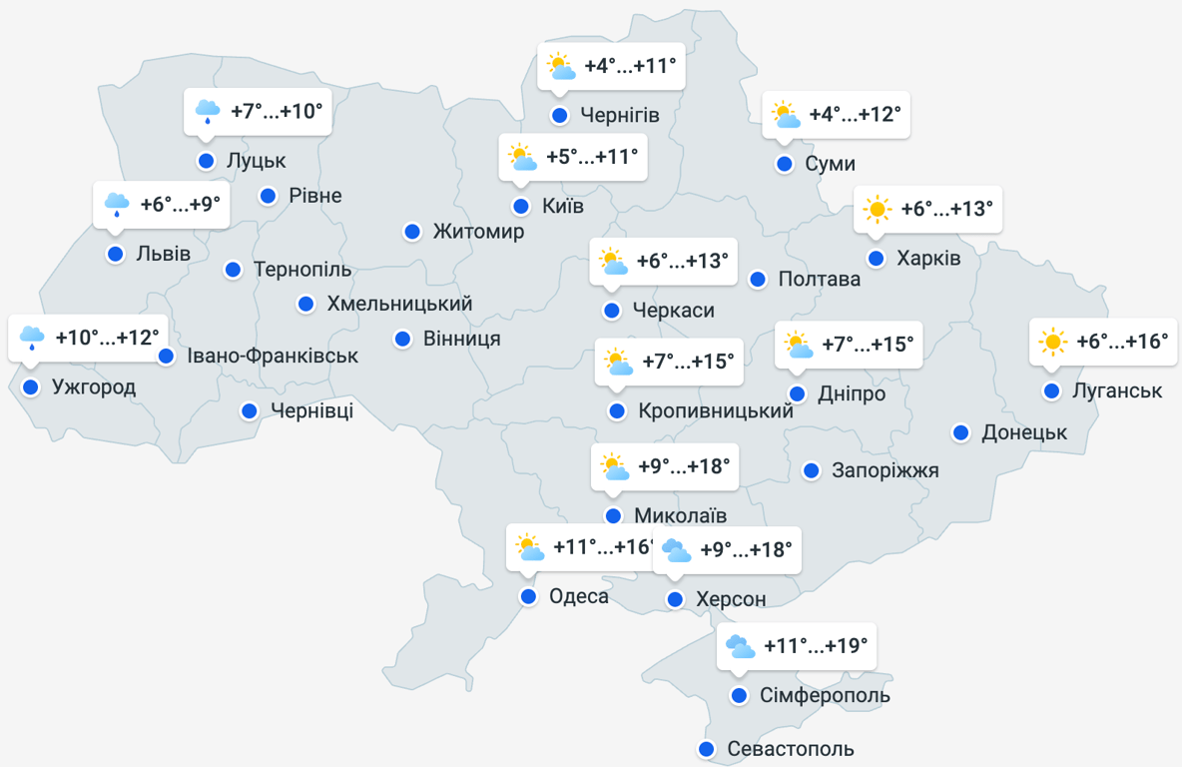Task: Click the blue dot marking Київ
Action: [521, 207]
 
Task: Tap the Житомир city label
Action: [478, 232]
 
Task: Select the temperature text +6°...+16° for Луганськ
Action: [1122, 342]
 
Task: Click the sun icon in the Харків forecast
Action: [878, 209]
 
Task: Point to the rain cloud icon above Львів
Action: [118, 205]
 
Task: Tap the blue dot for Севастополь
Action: [707, 749]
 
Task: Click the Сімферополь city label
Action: [825, 695]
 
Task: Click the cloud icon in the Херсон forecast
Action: [676, 550]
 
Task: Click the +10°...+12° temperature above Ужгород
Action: [107, 338]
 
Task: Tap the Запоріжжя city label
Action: [886, 470]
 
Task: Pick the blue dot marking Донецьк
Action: [960, 432]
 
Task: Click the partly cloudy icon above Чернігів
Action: [560, 67]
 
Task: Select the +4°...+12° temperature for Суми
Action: [855, 115]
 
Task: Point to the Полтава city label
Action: [819, 280]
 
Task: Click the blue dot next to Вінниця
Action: [402, 340]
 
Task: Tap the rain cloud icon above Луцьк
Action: [208, 111]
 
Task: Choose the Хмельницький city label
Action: [399, 304]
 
